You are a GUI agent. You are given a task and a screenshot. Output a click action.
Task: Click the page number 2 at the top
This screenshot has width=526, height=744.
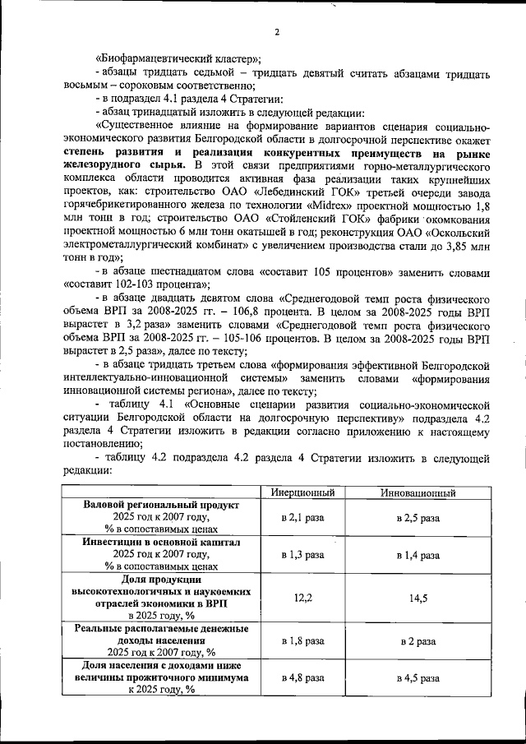pyautogui.click(x=277, y=32)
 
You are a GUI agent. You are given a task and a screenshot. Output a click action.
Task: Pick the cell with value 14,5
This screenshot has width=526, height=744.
pyautogui.click(x=418, y=599)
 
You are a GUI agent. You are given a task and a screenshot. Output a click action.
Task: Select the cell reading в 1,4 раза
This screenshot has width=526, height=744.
pyautogui.click(x=418, y=557)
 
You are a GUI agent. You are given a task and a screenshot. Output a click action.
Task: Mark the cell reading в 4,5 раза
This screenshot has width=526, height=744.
pyautogui.click(x=418, y=678)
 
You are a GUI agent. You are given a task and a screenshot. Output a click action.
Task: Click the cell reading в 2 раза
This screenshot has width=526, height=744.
pyautogui.click(x=418, y=639)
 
